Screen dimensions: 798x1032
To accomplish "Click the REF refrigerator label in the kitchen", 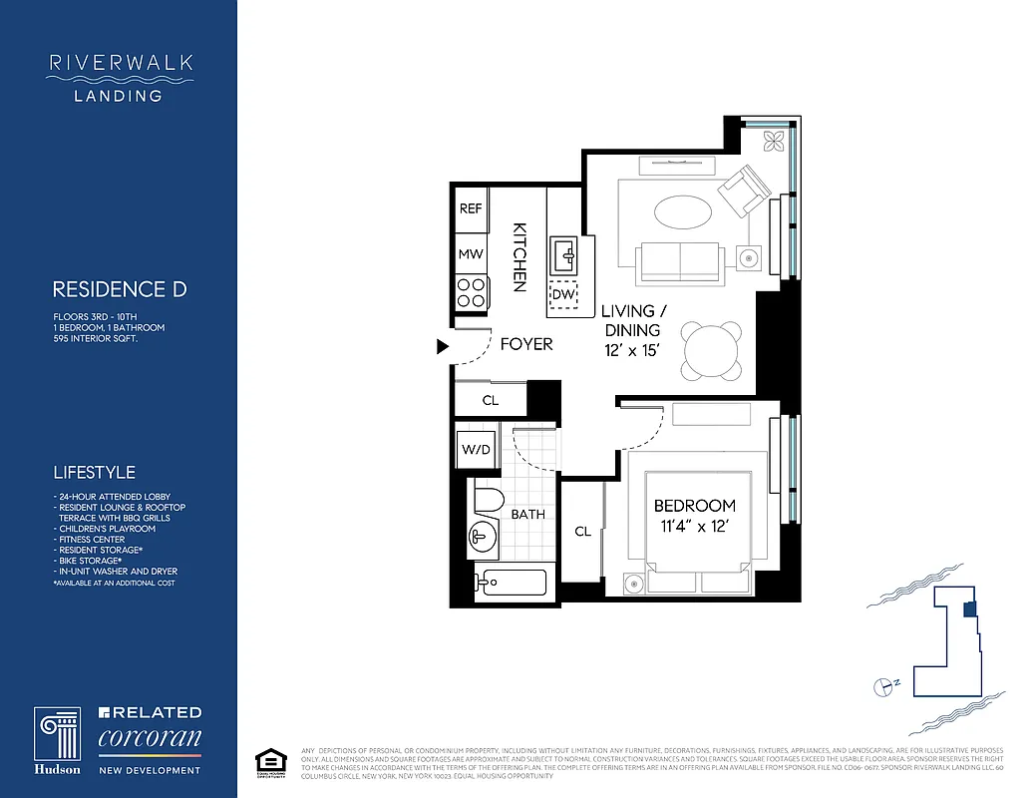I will (471, 209).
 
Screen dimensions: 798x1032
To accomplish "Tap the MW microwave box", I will (471, 254).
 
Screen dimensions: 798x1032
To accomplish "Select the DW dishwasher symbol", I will (563, 295).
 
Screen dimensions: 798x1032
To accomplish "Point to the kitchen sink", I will (565, 254).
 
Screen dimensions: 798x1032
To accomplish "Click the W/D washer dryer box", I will (476, 450).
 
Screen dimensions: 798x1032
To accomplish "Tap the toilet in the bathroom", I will (490, 501).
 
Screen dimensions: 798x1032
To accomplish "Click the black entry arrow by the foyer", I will (443, 347).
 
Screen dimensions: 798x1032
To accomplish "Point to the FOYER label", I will (525, 344).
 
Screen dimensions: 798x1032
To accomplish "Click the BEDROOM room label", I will (695, 506).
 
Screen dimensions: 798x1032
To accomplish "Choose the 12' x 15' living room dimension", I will (633, 351).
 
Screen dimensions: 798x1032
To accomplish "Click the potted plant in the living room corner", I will (774, 140).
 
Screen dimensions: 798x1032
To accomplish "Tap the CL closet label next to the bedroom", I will (582, 532).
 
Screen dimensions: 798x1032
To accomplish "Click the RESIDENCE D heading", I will (120, 290).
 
